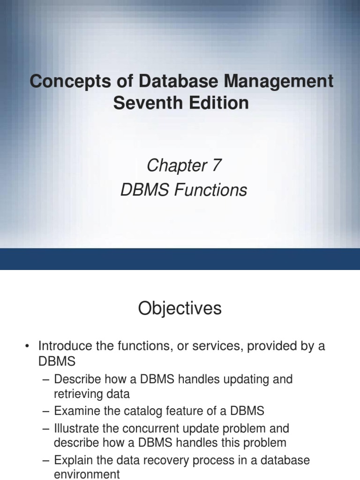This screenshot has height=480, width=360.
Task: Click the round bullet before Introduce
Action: point(27,347)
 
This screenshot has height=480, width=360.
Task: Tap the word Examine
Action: point(76,411)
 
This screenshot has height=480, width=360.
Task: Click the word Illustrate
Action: point(76,428)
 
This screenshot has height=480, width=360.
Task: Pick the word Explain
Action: point(74,460)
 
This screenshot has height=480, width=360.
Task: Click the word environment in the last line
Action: point(87,474)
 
